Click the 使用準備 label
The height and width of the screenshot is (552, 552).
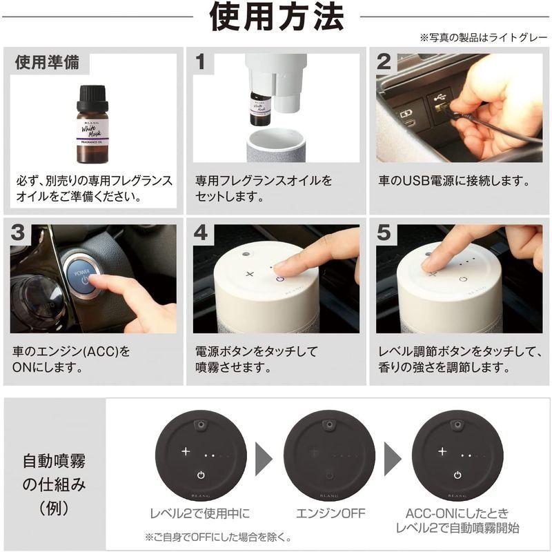47,62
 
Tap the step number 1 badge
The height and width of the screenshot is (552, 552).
201,62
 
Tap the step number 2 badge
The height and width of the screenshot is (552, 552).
384,62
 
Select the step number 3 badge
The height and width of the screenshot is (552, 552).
20,233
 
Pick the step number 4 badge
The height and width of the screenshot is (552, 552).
201,233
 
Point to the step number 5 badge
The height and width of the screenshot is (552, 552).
384,233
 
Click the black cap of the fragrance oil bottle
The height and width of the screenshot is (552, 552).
92,95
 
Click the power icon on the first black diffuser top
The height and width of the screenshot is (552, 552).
200,475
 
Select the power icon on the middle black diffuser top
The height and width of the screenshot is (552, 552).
329,475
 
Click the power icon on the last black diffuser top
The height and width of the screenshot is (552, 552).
457,475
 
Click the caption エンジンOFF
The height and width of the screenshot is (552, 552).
329,514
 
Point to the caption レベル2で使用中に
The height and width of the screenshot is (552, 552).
199,514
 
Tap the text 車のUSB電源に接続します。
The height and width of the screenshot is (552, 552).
454,181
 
